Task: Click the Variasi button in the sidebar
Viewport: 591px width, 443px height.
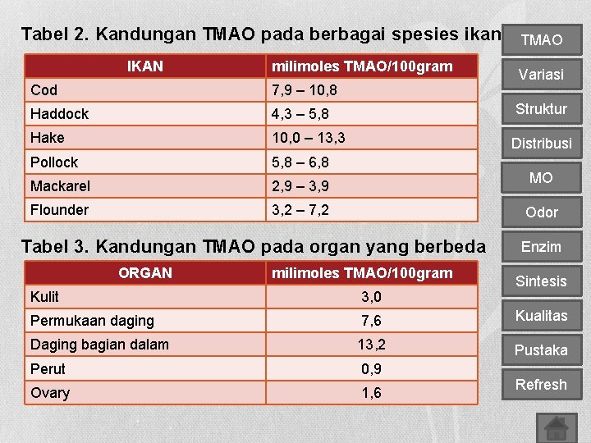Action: pyautogui.click(x=541, y=75)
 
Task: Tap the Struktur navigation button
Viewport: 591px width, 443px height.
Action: pyautogui.click(x=541, y=109)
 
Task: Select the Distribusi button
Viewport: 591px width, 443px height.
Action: pyautogui.click(x=541, y=144)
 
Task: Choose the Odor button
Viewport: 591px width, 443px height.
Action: pyautogui.click(x=541, y=212)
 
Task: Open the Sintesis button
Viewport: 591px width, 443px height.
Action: pyautogui.click(x=541, y=281)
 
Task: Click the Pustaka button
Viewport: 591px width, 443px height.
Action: pyautogui.click(x=541, y=350)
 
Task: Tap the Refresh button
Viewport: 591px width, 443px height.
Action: pyautogui.click(x=541, y=385)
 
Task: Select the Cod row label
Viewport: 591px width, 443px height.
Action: pyautogui.click(x=44, y=89)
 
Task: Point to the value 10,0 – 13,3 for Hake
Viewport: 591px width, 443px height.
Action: pyautogui.click(x=309, y=137)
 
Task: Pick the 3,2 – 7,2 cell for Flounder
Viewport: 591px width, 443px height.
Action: pyautogui.click(x=300, y=210)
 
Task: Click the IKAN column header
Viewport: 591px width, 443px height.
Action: pyautogui.click(x=146, y=66)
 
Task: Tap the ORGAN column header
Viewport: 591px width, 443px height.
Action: pyautogui.click(x=145, y=273)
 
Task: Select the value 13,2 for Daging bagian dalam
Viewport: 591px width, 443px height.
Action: pyautogui.click(x=371, y=345)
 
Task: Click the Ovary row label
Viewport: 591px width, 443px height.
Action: pyautogui.click(x=50, y=393)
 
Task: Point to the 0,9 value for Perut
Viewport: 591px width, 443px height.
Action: pyautogui.click(x=371, y=369)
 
